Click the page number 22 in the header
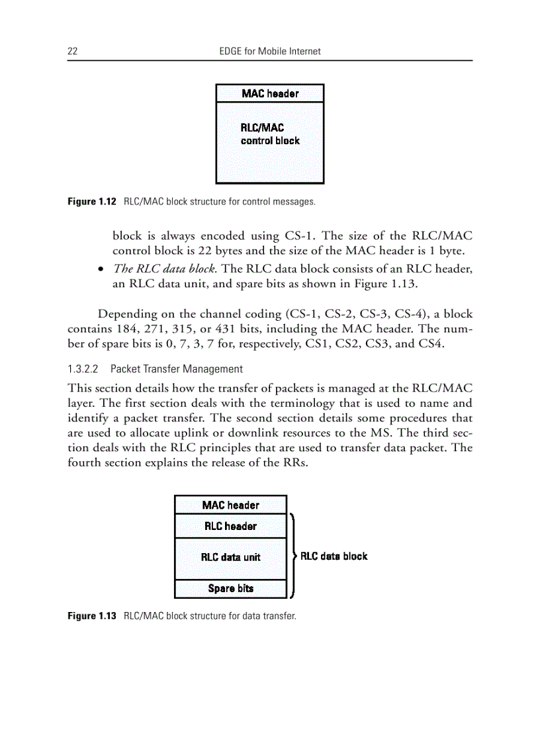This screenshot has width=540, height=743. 73,51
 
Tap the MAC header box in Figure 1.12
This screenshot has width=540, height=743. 270,93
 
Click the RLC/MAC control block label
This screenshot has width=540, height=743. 269,134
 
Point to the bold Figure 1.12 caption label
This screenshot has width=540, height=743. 92,200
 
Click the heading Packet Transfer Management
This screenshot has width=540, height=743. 177,369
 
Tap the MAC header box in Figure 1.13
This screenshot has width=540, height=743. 230,505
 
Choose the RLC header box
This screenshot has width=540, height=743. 230,527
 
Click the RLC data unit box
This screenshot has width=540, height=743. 230,557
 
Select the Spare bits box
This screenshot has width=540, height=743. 230,588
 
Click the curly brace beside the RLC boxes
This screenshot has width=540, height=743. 292,556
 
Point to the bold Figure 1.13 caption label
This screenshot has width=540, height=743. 92,616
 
